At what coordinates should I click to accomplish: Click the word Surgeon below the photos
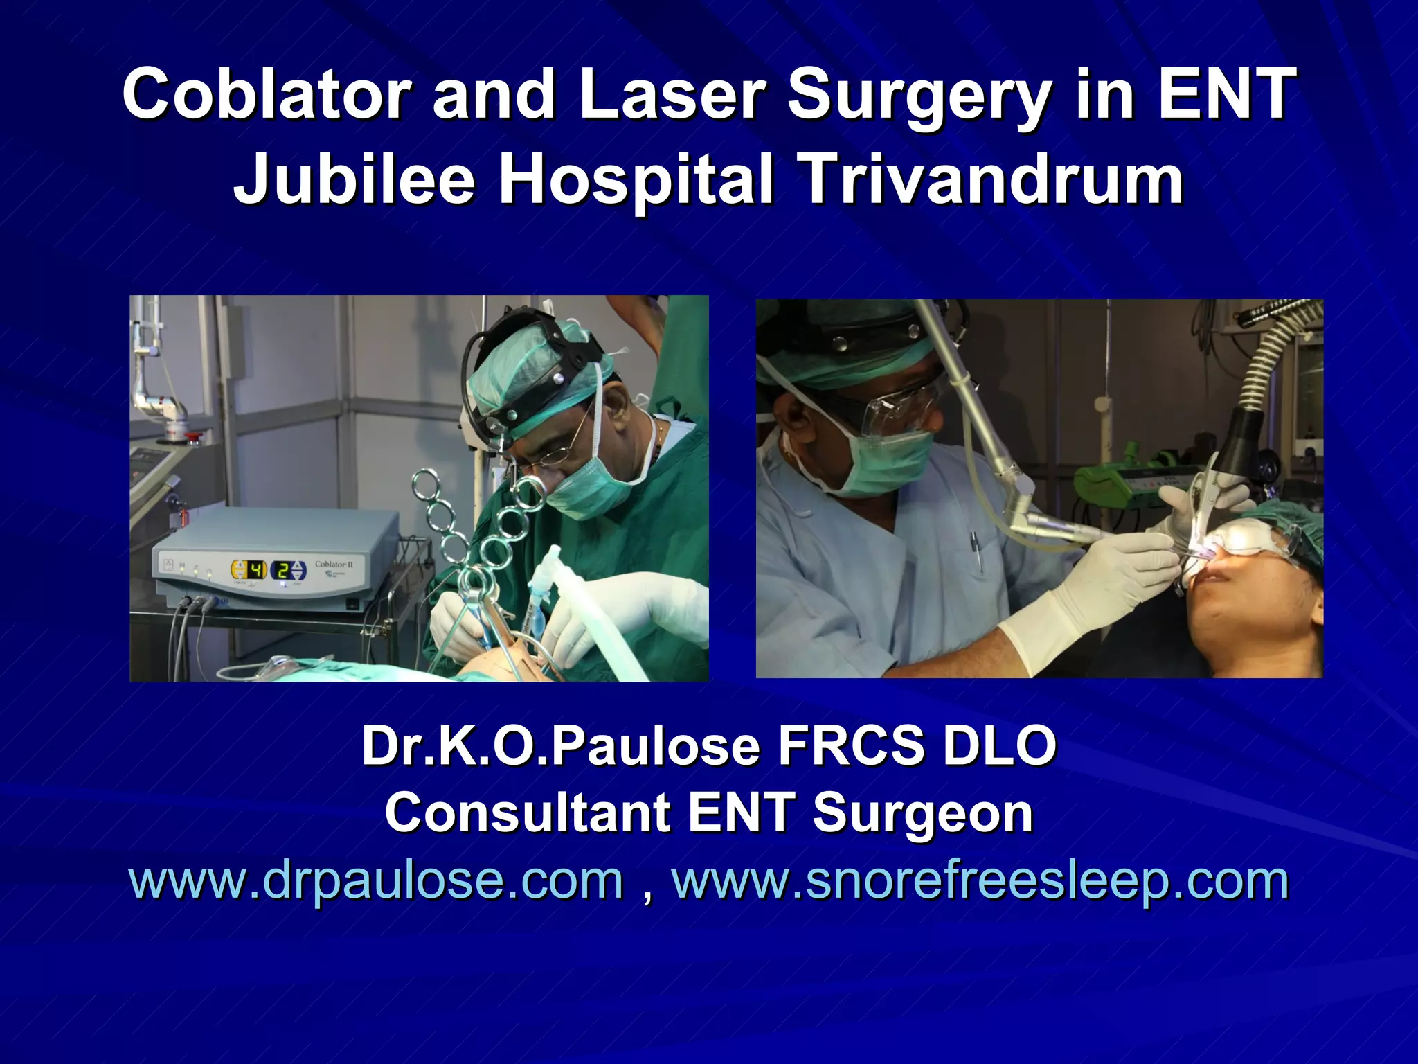[x=922, y=814]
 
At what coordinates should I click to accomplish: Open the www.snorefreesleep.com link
[x=980, y=881]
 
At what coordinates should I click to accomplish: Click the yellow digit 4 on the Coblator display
[x=257, y=570]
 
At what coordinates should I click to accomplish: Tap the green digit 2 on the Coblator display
[x=283, y=571]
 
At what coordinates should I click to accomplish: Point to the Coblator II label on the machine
[x=334, y=565]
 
